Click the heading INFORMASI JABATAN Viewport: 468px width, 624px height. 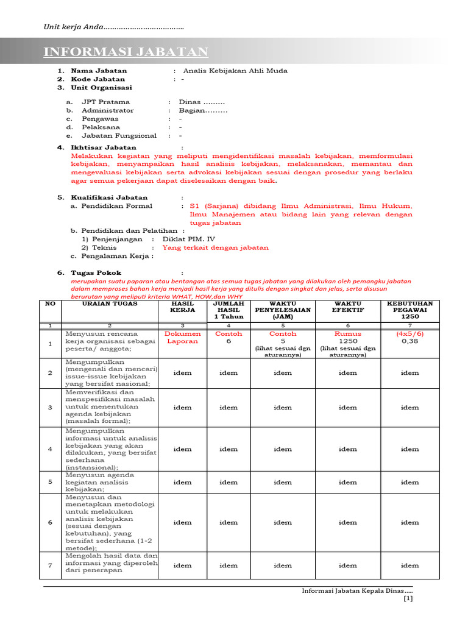click(x=126, y=52)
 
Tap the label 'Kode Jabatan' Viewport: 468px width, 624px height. click(x=97, y=79)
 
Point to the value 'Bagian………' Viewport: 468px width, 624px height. click(x=203, y=110)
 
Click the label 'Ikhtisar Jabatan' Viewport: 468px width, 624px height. click(x=104, y=147)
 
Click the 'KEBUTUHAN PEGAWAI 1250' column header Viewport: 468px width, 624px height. click(x=409, y=310)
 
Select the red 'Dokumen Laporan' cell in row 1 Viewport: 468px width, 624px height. click(x=182, y=338)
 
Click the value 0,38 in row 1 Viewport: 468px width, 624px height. click(x=409, y=342)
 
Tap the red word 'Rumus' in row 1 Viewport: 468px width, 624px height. click(x=348, y=334)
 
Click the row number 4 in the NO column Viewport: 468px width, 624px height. click(x=51, y=449)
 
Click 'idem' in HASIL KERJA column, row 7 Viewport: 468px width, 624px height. click(x=182, y=565)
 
